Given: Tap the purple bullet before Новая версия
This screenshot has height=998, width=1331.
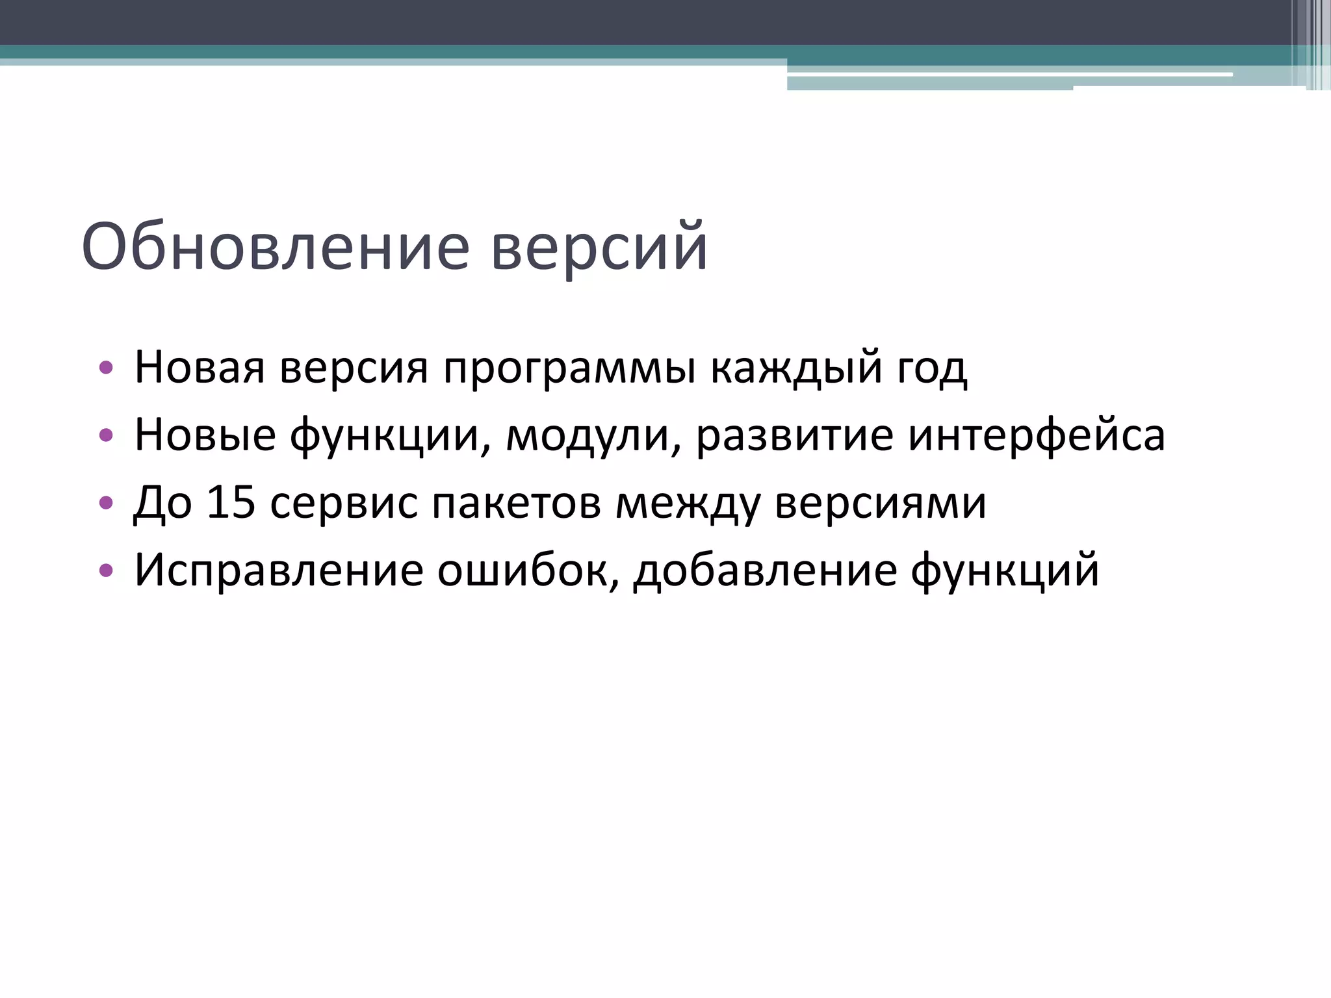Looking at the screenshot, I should (106, 368).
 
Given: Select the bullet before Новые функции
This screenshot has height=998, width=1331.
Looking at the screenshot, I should (106, 436).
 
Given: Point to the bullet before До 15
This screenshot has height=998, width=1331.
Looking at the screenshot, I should (106, 504).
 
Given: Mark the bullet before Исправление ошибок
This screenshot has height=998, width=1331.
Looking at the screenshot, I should (106, 571).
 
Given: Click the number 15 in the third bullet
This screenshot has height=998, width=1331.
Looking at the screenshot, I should (231, 502).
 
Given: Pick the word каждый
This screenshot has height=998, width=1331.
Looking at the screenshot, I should (796, 368).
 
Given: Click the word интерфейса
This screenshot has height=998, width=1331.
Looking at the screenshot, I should (1036, 435).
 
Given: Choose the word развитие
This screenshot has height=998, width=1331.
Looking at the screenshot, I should (794, 435).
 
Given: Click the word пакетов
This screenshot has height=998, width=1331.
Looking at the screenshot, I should (516, 504).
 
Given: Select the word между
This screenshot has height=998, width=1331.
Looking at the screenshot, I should (688, 504).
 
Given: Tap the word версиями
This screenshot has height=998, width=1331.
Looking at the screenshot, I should (880, 504).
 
